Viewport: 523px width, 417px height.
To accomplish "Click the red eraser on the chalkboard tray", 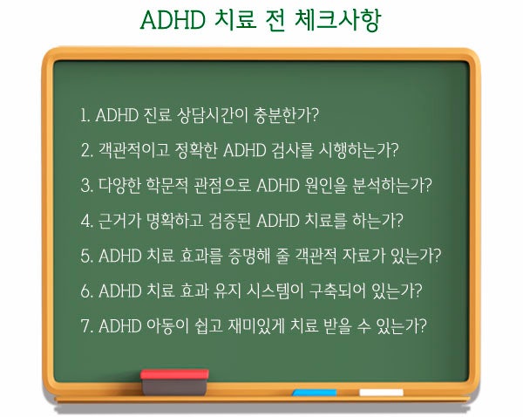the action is pyautogui.click(x=174, y=381).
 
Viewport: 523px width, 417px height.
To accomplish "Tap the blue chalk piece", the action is pyautogui.click(x=315, y=393).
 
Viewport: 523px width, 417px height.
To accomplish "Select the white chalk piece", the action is pyautogui.click(x=381, y=393).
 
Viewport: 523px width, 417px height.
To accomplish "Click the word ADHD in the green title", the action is pyautogui.click(x=173, y=20).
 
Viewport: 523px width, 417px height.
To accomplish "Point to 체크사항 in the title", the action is pyautogui.click(x=337, y=20).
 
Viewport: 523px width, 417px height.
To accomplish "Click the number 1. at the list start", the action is pyautogui.click(x=85, y=115).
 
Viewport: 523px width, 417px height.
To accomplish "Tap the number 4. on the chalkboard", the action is pyautogui.click(x=86, y=221).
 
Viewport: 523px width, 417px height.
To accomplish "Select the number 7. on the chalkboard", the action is pyautogui.click(x=86, y=326).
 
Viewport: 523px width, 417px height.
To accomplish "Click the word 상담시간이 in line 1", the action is pyautogui.click(x=213, y=115).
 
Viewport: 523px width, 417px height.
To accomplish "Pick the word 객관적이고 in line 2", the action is pyautogui.click(x=133, y=150).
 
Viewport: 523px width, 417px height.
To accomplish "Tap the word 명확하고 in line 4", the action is pyautogui.click(x=175, y=221).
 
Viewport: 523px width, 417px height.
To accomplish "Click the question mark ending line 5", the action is pyautogui.click(x=437, y=256).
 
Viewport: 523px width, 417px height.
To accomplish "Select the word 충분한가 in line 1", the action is pyautogui.click(x=282, y=115).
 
